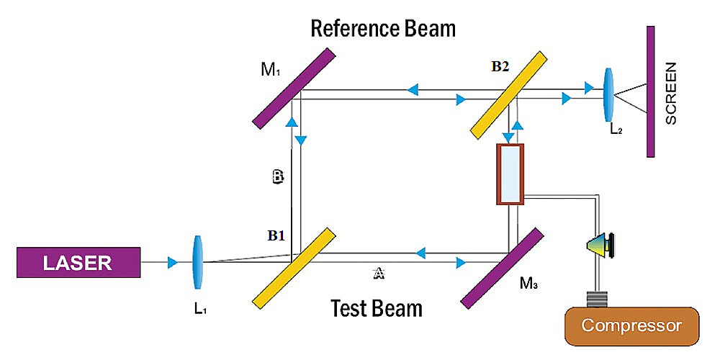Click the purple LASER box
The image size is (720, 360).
[x=78, y=263]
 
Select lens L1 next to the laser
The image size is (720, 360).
[x=198, y=263]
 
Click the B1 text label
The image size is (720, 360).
[x=278, y=234]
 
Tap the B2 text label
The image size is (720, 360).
[x=500, y=66]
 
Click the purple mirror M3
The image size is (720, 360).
[x=501, y=267]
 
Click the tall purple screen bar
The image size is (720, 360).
[x=650, y=91]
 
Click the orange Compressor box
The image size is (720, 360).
[x=631, y=326]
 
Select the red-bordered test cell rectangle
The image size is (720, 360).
[x=510, y=174]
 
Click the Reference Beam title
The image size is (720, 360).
[x=383, y=29]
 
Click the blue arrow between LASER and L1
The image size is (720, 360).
[x=172, y=263]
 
